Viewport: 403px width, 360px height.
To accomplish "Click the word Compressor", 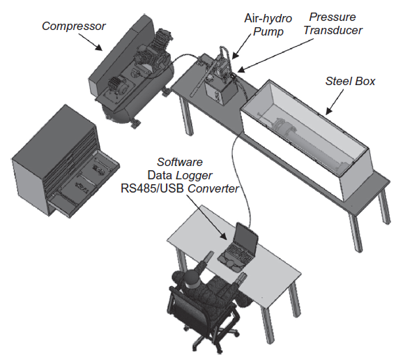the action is pyautogui.click(x=74, y=27).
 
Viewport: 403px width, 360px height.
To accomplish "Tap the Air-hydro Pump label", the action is pyautogui.click(x=268, y=25).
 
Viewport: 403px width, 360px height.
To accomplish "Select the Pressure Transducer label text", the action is pyautogui.click(x=333, y=24).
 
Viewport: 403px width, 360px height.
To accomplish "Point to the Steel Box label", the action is pyautogui.click(x=350, y=81).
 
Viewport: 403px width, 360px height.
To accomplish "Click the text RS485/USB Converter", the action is pyautogui.click(x=180, y=188).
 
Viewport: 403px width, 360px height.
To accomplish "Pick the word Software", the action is pyautogui.click(x=180, y=163).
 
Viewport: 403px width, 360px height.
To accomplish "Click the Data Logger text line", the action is pyautogui.click(x=180, y=175).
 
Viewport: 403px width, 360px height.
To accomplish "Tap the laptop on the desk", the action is pyautogui.click(x=238, y=248).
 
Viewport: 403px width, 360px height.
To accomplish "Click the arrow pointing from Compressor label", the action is pyautogui.click(x=90, y=42).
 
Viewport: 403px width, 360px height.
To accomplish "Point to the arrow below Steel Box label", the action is pyautogui.click(x=335, y=102).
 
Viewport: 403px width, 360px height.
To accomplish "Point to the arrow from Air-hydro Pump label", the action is pyautogui.click(x=243, y=45).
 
